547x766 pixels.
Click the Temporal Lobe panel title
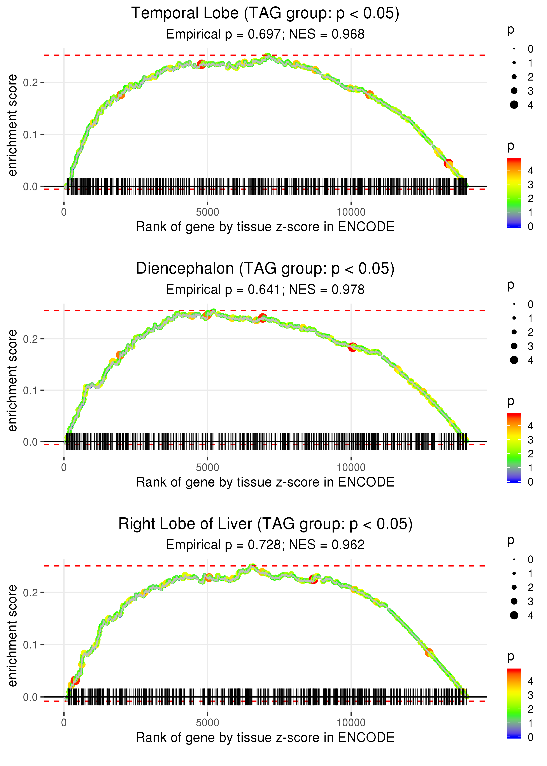pos(265,14)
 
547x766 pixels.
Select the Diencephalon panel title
pos(265,269)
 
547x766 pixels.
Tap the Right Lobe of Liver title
pos(265,524)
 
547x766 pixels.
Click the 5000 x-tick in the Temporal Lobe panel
pos(207,212)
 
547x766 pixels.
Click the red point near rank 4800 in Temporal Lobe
pos(202,64)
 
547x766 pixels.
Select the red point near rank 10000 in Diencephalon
pos(352,347)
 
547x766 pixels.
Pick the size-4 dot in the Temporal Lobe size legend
pos(514,105)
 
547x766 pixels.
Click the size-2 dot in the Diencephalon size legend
pos(514,332)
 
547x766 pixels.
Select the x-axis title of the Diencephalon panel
pos(265,482)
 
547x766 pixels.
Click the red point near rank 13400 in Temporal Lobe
pos(448,164)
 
